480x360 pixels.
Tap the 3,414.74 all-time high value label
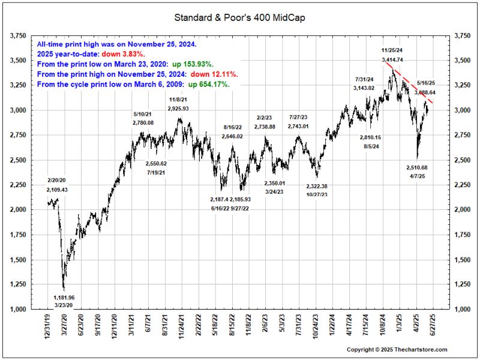(391, 60)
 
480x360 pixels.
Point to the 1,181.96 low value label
(64, 297)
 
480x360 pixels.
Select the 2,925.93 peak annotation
(179, 109)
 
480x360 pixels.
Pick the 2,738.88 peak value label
(265, 127)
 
